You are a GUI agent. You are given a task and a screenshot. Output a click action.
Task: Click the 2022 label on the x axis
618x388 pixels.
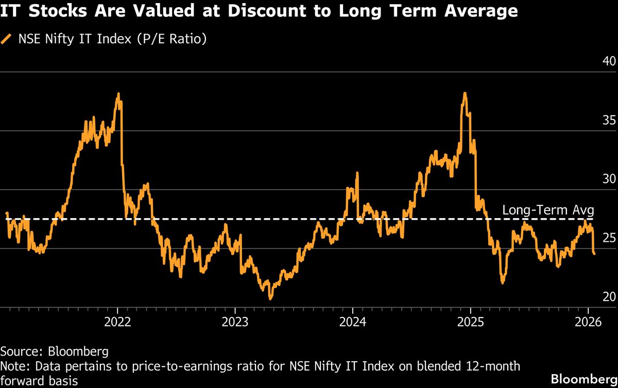117,322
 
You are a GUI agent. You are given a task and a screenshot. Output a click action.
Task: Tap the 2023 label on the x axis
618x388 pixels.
235,322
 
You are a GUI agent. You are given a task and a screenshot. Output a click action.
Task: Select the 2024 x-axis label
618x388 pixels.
352,322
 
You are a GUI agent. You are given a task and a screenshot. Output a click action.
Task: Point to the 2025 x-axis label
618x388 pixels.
470,322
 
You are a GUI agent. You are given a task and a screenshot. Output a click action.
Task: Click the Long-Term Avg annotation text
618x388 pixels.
548,210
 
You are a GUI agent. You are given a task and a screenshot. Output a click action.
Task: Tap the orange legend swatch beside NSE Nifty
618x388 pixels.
7,39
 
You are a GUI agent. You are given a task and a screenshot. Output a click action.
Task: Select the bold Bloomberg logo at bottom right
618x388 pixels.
583,379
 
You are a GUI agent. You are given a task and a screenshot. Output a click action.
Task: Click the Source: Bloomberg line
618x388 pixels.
54,351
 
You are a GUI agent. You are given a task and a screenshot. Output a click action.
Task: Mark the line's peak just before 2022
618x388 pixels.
118,94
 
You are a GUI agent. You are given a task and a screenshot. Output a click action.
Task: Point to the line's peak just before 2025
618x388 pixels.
465,94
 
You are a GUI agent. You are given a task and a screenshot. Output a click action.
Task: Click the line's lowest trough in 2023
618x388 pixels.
270,298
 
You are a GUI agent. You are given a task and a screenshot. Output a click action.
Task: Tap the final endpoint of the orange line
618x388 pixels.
595,253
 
